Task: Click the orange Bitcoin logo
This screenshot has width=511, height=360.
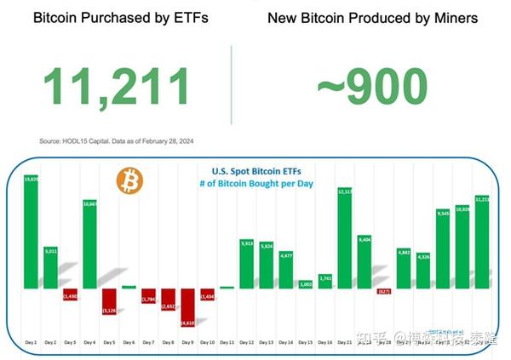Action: (x=129, y=180)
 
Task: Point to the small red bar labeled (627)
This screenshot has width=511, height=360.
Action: (x=384, y=291)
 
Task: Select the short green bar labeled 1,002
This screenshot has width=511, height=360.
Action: (x=306, y=283)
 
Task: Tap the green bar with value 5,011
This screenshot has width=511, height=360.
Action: (x=50, y=266)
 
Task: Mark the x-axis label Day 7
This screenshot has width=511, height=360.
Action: (x=148, y=342)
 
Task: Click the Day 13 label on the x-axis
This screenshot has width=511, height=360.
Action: (x=266, y=342)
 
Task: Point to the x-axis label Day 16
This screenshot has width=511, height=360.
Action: (x=324, y=342)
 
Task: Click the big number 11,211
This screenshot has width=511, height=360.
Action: (x=118, y=86)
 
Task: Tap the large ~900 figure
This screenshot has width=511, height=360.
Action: (x=371, y=86)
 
